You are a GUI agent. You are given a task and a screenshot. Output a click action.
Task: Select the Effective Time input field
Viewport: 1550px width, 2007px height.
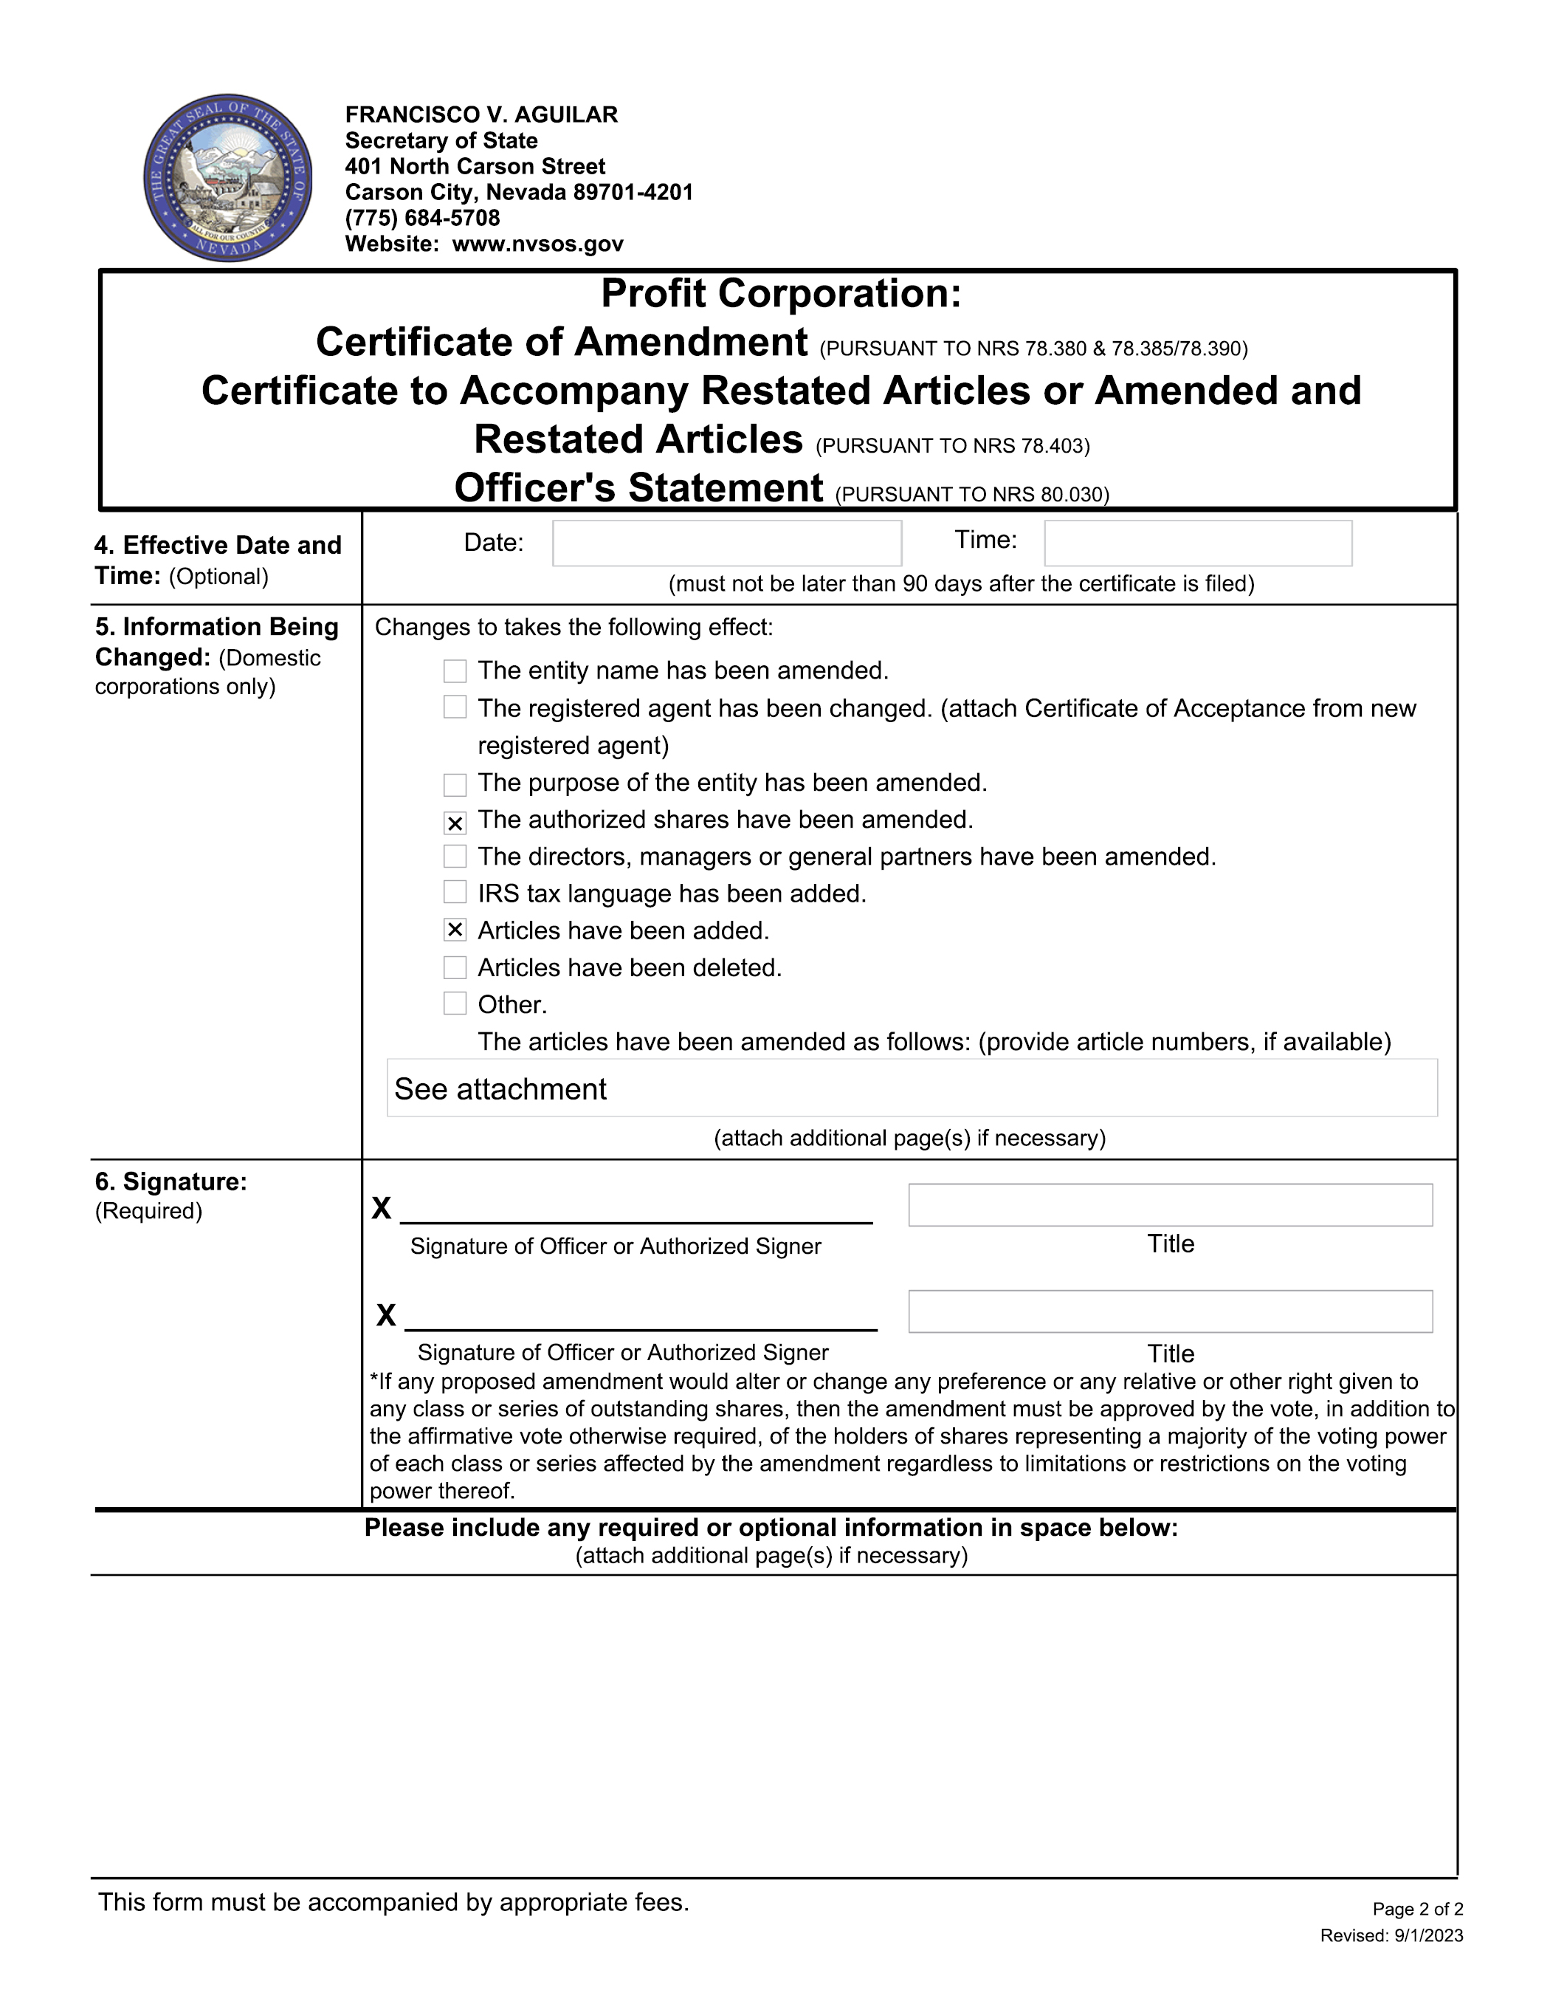pyautogui.click(x=1197, y=543)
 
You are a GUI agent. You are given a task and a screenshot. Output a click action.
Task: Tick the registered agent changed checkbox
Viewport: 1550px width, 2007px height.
pyautogui.click(x=455, y=707)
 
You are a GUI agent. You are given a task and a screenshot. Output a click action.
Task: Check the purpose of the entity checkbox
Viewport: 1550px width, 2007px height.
pyautogui.click(x=455, y=785)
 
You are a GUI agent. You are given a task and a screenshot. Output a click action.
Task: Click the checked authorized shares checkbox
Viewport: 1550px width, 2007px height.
pyautogui.click(x=455, y=823)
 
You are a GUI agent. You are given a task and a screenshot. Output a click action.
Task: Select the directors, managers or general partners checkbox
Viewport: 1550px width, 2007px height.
pyautogui.click(x=455, y=857)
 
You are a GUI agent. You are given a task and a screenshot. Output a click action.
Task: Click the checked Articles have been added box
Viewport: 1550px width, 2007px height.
pyautogui.click(x=455, y=930)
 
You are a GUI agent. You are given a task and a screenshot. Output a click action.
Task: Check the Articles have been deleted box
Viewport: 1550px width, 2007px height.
pyautogui.click(x=455, y=967)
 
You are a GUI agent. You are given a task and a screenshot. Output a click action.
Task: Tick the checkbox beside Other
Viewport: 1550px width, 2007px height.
pyautogui.click(x=455, y=1003)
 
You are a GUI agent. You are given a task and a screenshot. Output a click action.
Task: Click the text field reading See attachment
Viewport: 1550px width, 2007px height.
pyautogui.click(x=912, y=1088)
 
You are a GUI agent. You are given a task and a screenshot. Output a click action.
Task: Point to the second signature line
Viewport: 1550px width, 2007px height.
pyautogui.click(x=641, y=1318)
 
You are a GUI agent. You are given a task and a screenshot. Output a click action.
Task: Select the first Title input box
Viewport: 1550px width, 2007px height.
pyautogui.click(x=1170, y=1205)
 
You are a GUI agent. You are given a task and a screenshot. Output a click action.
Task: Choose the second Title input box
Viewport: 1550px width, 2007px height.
pyautogui.click(x=1170, y=1311)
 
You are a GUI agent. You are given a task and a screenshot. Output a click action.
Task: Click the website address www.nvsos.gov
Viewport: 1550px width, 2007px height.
pyautogui.click(x=537, y=244)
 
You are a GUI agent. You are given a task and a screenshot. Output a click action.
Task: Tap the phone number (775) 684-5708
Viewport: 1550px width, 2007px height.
pyautogui.click(x=423, y=219)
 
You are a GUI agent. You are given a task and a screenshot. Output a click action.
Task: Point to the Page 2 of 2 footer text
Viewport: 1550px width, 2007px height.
pyautogui.click(x=1417, y=1910)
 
